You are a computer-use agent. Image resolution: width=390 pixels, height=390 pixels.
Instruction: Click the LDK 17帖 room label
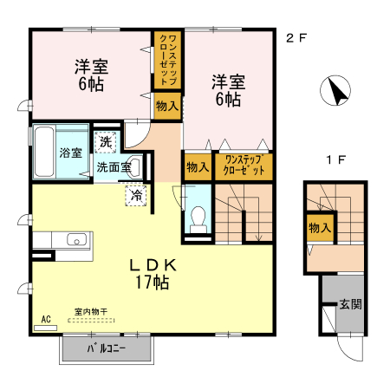click(x=154, y=274)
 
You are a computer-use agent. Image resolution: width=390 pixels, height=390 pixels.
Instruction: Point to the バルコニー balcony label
click(x=107, y=349)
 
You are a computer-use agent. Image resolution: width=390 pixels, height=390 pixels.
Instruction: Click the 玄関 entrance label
click(x=350, y=304)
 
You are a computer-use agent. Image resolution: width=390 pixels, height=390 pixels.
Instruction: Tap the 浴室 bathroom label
click(x=71, y=153)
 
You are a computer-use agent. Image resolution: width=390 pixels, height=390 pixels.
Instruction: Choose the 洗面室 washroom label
click(x=114, y=167)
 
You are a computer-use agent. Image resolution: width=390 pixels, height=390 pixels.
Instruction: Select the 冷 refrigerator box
click(x=136, y=197)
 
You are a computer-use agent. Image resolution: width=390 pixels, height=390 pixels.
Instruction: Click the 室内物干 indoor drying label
click(x=90, y=311)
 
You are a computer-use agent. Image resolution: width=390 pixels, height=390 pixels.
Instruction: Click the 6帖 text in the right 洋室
click(x=228, y=100)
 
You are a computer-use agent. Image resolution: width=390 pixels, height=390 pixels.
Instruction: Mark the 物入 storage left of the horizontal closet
click(x=198, y=166)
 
